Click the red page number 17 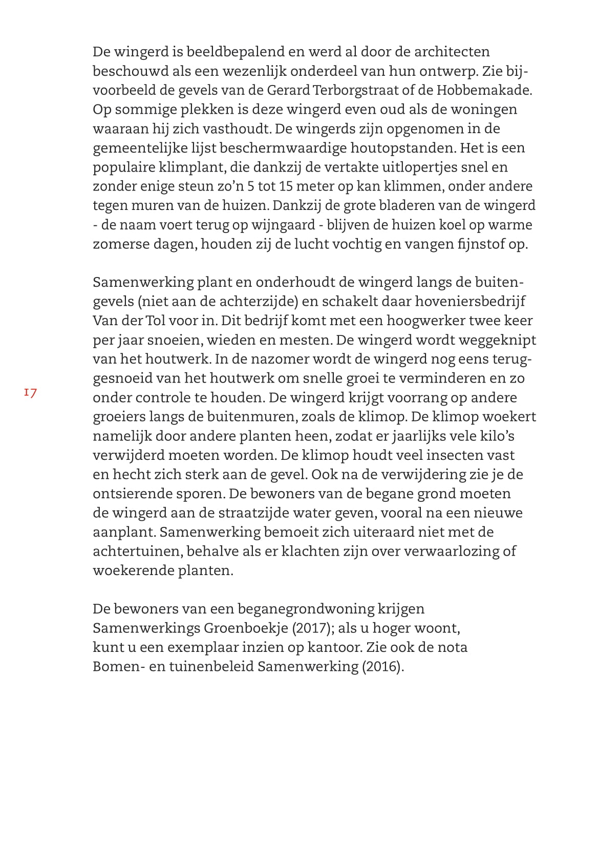click(30, 393)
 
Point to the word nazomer click(284, 359)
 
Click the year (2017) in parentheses click(312, 628)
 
